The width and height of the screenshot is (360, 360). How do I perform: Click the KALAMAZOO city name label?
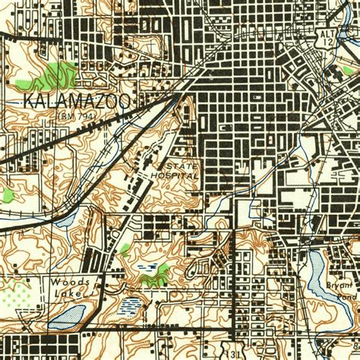77,101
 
